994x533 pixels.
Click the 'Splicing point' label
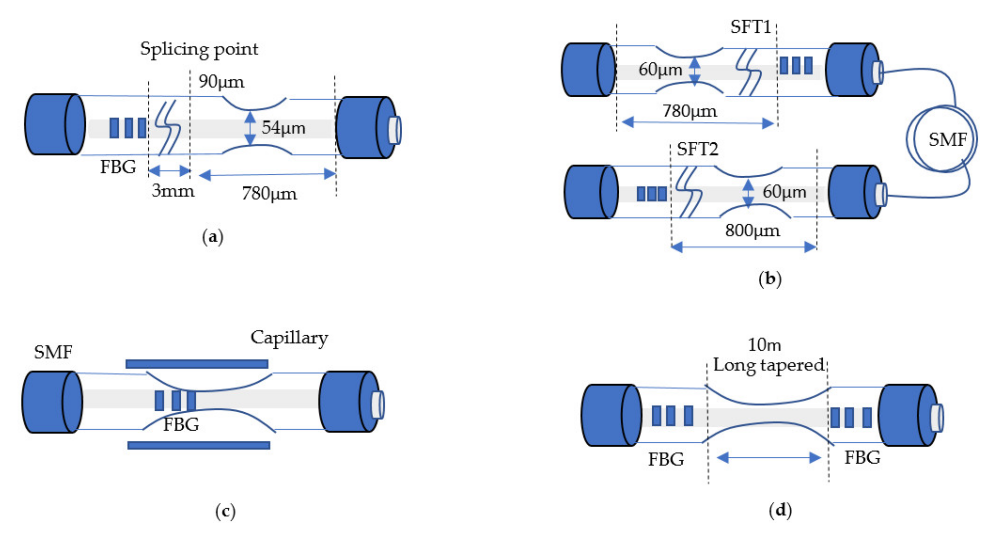coord(199,49)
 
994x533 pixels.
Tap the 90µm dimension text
coord(221,82)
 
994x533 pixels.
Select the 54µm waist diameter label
coord(284,128)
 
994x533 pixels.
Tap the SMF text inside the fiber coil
coord(948,140)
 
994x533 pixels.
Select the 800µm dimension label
coord(752,231)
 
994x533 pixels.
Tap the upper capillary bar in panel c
coord(197,364)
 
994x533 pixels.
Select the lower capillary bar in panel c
coord(199,446)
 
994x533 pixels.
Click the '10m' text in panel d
coord(764,345)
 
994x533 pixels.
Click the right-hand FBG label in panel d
coord(862,458)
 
